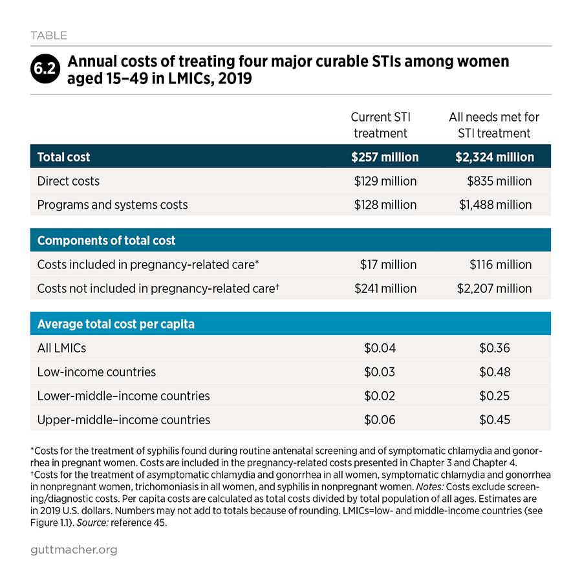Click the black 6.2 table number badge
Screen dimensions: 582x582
pyautogui.click(x=45, y=69)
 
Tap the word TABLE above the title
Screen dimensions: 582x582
pyautogui.click(x=49, y=36)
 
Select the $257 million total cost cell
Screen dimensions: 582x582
pyautogui.click(x=385, y=157)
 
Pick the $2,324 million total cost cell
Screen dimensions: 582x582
pyautogui.click(x=495, y=157)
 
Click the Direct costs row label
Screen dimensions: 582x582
pyautogui.click(x=69, y=181)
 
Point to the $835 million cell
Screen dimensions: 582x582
pyautogui.click(x=499, y=181)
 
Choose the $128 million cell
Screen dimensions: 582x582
pyautogui.click(x=385, y=205)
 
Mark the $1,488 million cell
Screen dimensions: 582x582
pyautogui.click(x=495, y=205)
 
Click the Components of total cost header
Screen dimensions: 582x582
pyautogui.click(x=106, y=241)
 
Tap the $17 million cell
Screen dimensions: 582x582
pyautogui.click(x=388, y=264)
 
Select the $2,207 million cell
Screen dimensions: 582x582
pyautogui.click(x=495, y=288)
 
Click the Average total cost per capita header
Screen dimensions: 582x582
pyautogui.click(x=116, y=324)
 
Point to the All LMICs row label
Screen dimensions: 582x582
pyautogui.click(x=61, y=348)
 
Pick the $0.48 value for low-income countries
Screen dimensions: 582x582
pyautogui.click(x=495, y=372)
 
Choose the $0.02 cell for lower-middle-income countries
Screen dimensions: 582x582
pyautogui.click(x=380, y=396)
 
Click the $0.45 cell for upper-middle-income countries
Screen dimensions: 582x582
pyautogui.click(x=495, y=420)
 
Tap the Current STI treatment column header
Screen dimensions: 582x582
pyautogui.click(x=380, y=125)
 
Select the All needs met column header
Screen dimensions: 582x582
pyautogui.click(x=494, y=125)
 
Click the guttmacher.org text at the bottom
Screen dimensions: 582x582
pyautogui.click(x=74, y=550)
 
